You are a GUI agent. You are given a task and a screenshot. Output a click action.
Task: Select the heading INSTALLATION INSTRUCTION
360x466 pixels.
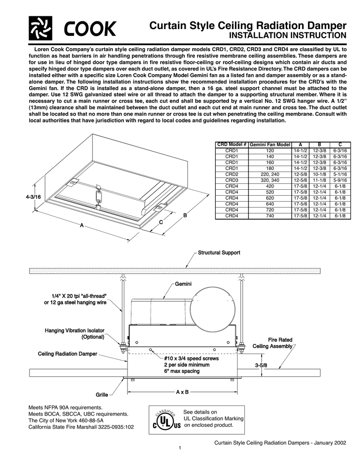coord(287,35)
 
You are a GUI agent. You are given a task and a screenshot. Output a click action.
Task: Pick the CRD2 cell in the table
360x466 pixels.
coord(232,174)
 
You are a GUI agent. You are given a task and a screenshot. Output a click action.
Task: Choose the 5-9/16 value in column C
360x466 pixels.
coord(339,180)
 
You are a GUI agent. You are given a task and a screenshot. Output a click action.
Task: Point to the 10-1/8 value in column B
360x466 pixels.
coord(320,174)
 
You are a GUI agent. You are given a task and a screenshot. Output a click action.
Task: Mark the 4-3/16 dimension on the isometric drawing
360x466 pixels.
coord(33,197)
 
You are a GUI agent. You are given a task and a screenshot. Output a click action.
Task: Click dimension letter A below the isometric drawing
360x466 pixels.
coord(81,226)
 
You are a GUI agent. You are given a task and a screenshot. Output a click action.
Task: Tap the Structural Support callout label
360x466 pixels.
coord(218,252)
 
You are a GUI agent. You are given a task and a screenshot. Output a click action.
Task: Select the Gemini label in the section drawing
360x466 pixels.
coord(183,284)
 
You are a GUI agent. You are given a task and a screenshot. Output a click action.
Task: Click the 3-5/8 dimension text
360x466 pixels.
coord(261,365)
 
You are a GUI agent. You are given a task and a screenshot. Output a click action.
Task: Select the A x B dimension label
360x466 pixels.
coord(182,391)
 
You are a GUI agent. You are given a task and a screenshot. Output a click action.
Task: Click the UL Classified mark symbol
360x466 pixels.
coord(167,420)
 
